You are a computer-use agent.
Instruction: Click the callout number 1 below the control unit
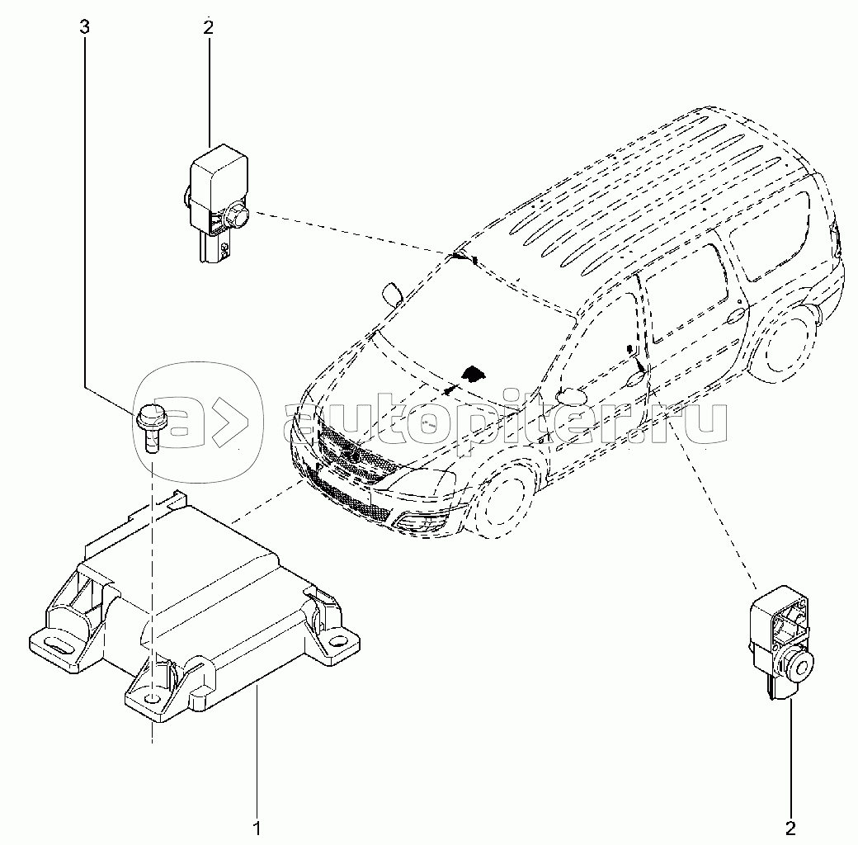pos(257,826)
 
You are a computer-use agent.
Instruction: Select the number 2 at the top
pos(208,27)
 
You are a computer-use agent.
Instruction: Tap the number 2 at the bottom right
pos(790,827)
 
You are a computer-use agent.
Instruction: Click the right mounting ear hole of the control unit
pos(337,640)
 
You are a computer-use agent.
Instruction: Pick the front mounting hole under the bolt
pos(152,700)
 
